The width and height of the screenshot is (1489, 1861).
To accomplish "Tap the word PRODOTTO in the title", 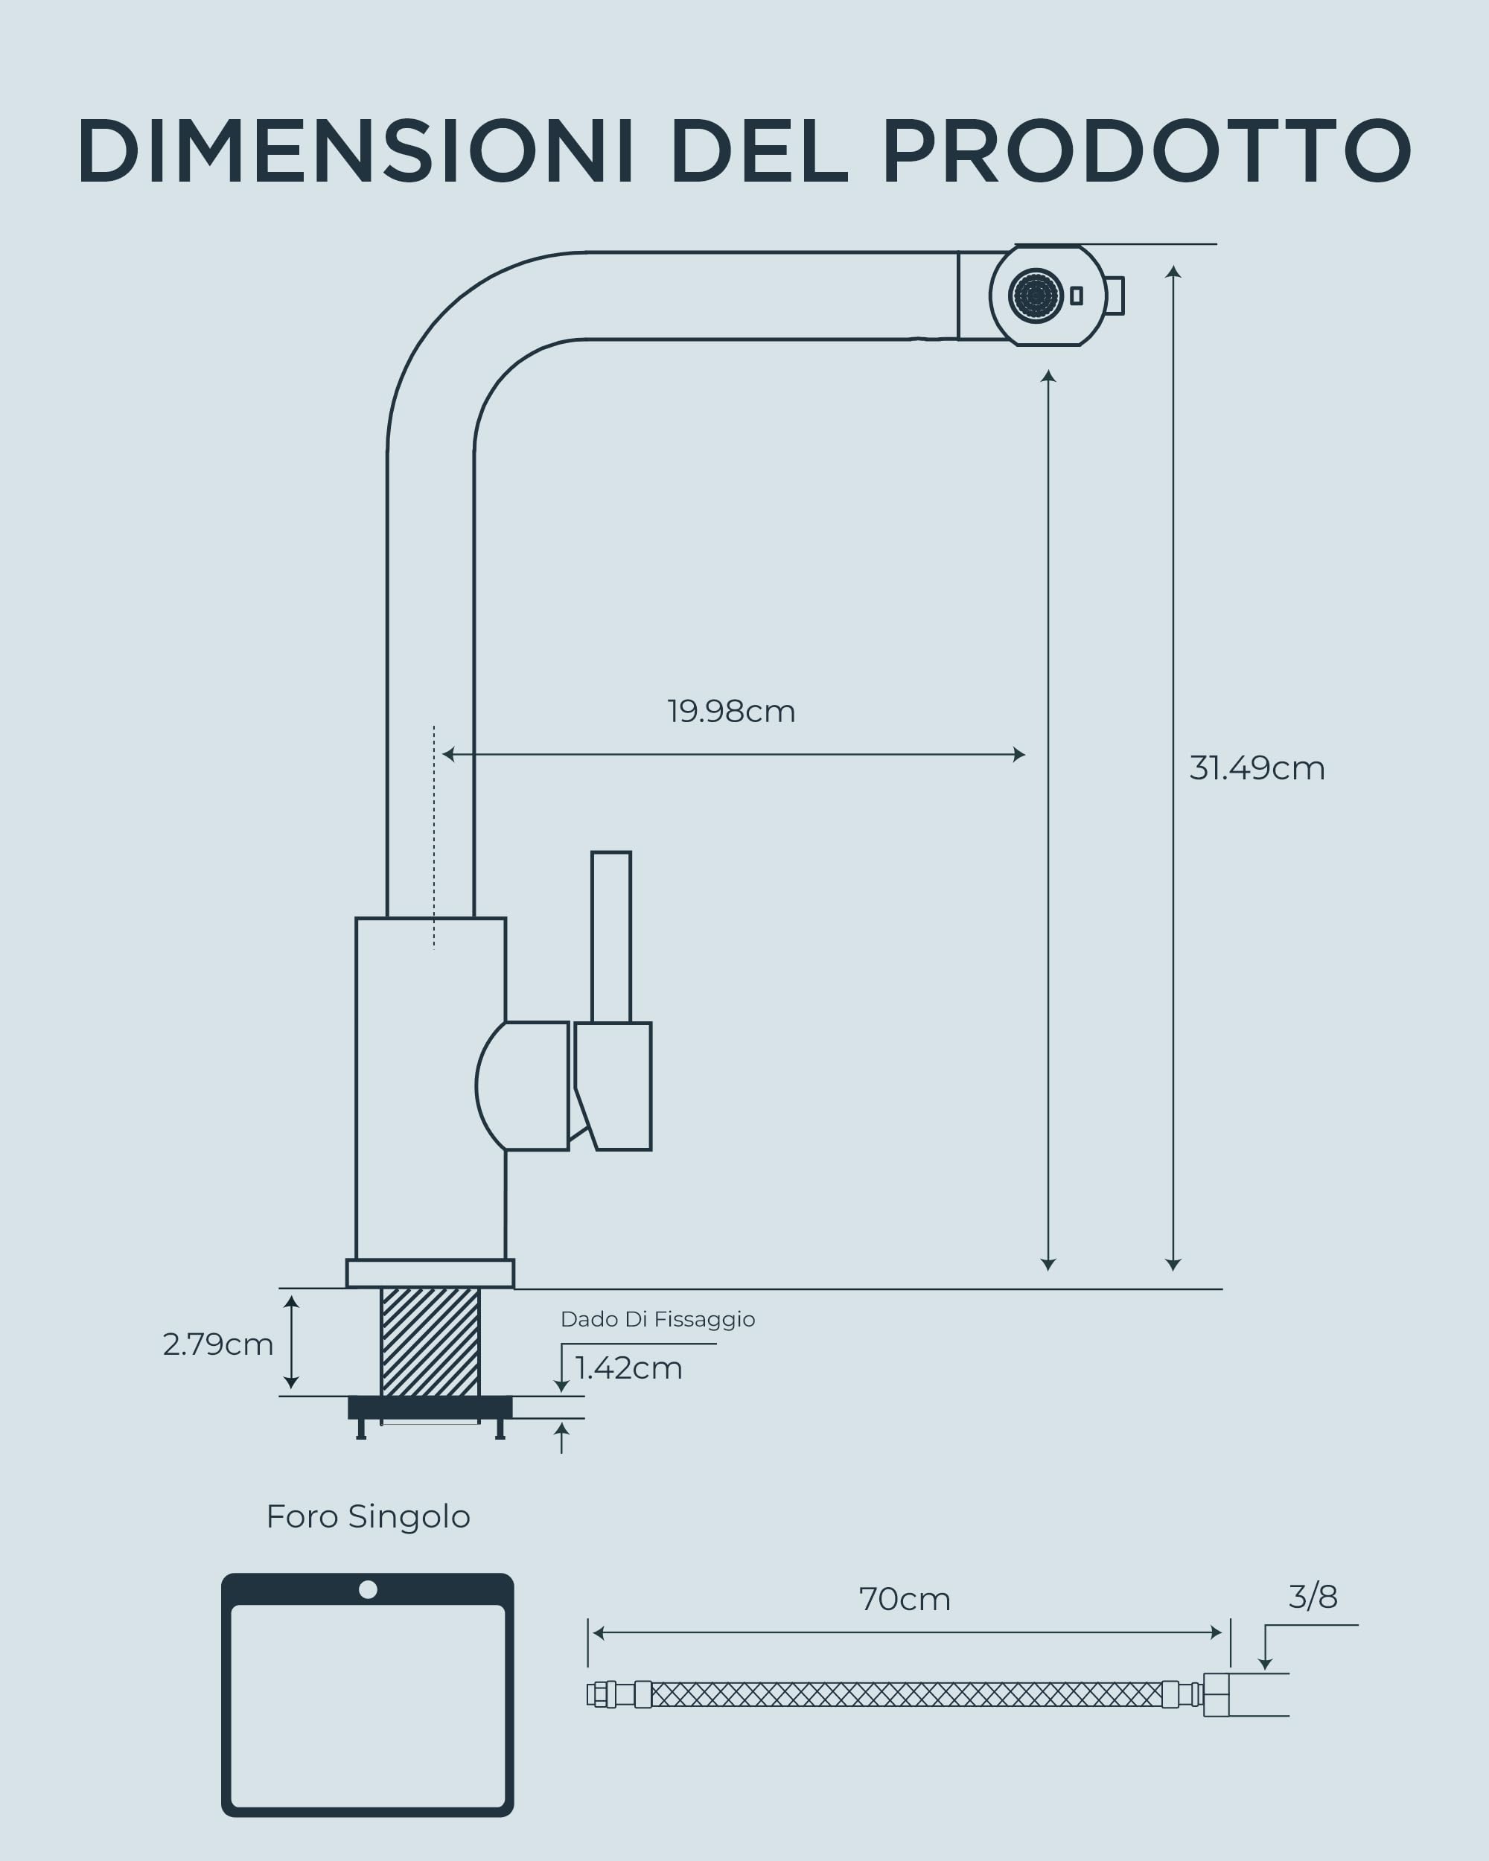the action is [x=1147, y=150].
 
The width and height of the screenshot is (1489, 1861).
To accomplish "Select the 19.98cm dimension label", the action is [x=731, y=711].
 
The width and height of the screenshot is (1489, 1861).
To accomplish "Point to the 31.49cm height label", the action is [x=1257, y=768].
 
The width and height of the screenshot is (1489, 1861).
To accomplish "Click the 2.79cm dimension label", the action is [x=218, y=1344].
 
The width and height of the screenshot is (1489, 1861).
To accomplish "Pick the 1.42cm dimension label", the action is [x=629, y=1368].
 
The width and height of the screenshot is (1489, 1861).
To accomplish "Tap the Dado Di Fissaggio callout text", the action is [x=657, y=1319].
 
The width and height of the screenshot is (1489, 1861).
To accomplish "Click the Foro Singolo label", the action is [x=369, y=1516].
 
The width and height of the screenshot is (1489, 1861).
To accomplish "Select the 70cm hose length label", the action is [x=905, y=1600].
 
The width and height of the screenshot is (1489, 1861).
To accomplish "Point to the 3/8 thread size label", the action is [x=1313, y=1597].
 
